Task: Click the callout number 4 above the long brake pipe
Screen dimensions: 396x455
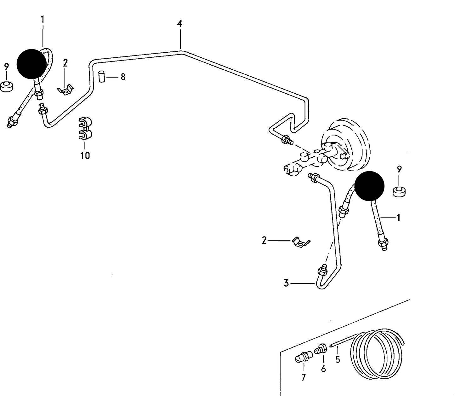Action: [179, 23]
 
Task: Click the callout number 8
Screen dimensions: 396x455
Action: [123, 77]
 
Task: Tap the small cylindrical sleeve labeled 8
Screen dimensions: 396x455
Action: [101, 77]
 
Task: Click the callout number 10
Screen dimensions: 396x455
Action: [85, 155]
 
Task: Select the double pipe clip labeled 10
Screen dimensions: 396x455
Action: [85, 129]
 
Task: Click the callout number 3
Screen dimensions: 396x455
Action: [286, 283]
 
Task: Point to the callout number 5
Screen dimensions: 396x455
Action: [338, 359]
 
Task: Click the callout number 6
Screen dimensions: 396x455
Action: [323, 369]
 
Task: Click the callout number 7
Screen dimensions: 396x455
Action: [304, 377]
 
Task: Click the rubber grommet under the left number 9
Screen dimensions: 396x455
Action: [7, 86]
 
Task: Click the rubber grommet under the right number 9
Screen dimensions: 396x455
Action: [399, 191]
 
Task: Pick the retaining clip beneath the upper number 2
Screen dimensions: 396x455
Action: [66, 90]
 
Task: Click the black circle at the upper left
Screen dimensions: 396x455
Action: [31, 64]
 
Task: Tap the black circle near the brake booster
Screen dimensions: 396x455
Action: [369, 186]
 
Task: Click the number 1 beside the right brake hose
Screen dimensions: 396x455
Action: [398, 218]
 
